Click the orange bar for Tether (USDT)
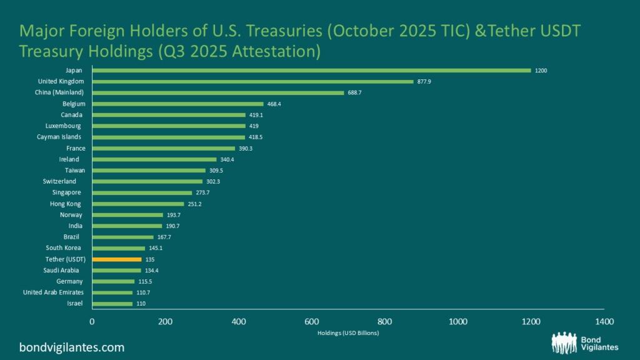point(117,259)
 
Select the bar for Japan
point(311,71)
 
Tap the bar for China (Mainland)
point(217,92)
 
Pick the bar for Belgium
point(177,104)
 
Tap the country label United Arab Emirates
point(52,292)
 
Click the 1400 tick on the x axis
point(604,321)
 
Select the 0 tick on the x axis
point(92,321)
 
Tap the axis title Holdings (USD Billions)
point(347,333)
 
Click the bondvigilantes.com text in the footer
point(72,347)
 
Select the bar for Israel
point(112,304)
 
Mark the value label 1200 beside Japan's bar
point(541,71)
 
